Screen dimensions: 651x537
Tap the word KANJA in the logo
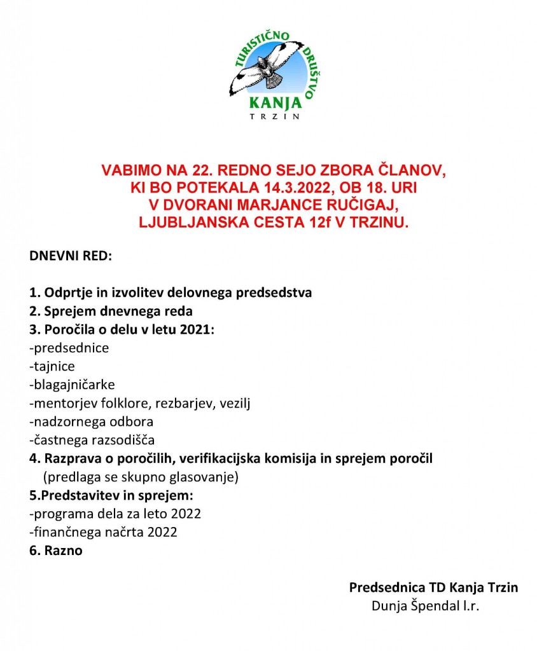pyautogui.click(x=273, y=102)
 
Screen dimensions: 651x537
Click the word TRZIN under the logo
pyautogui.click(x=274, y=116)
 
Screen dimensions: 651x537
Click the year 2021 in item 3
pyautogui.click(x=198, y=330)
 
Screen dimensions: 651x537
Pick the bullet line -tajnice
pyautogui.click(x=52, y=366)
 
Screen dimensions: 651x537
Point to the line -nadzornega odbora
pyautogui.click(x=92, y=421)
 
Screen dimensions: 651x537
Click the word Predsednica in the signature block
pyautogui.click(x=380, y=587)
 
